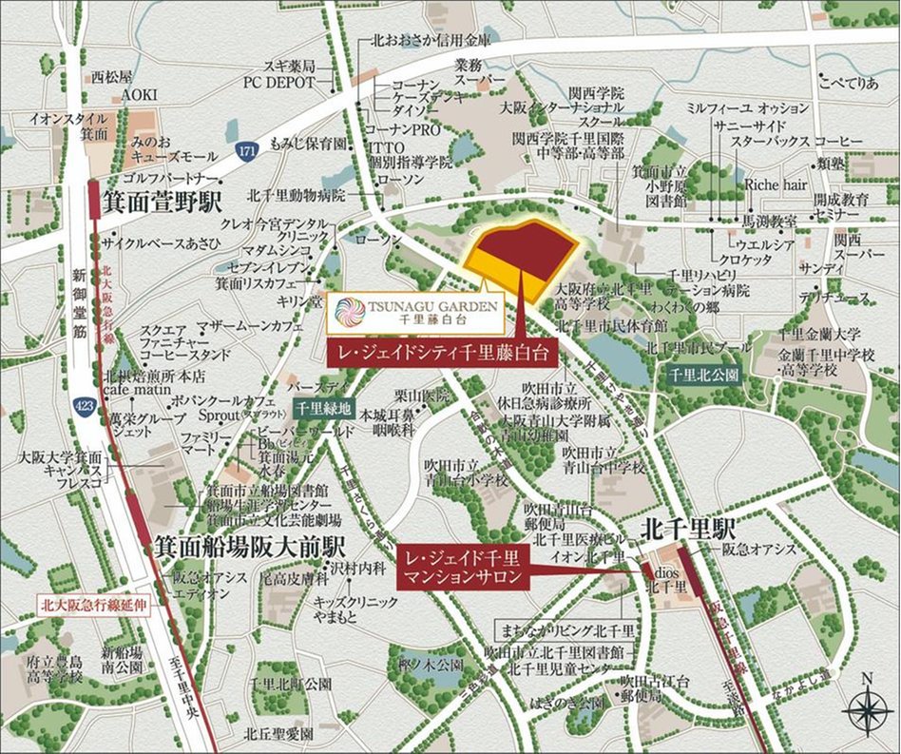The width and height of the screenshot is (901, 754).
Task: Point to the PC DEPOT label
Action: tap(278, 83)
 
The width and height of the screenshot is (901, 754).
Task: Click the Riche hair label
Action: tap(773, 184)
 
